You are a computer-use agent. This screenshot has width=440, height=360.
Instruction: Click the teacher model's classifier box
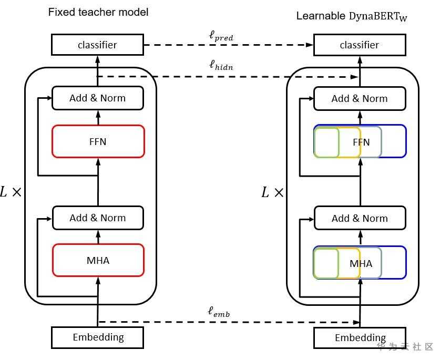97,45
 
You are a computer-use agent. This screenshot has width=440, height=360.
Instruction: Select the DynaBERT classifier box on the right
360,45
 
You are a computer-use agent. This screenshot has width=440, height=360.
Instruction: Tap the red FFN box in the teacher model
98,141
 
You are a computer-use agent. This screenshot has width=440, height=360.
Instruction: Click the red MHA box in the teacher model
98,260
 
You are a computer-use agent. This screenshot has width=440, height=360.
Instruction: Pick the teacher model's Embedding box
98,337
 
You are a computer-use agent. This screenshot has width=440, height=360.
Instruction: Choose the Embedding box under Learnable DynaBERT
360,337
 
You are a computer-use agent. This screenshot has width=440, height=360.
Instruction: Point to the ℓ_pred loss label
221,37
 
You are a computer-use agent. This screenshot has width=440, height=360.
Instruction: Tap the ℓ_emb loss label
219,311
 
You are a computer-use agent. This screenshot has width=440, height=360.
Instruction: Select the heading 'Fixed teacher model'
98,12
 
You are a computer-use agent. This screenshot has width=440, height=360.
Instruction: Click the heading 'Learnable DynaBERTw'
352,16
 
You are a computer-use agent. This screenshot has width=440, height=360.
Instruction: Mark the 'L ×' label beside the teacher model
11,192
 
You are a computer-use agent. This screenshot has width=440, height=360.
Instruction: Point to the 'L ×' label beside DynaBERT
272,192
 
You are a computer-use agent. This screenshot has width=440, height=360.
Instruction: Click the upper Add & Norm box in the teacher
97,98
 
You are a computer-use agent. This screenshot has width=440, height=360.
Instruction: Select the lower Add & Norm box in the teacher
97,218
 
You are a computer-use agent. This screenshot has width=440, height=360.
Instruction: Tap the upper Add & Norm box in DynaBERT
360,98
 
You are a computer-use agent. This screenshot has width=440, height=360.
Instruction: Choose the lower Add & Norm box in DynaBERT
360,218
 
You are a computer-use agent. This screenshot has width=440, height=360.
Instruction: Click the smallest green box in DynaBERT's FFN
326,142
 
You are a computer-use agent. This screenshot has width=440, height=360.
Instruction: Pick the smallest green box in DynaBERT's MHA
326,263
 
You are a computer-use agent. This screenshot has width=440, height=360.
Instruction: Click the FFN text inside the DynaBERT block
362,142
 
